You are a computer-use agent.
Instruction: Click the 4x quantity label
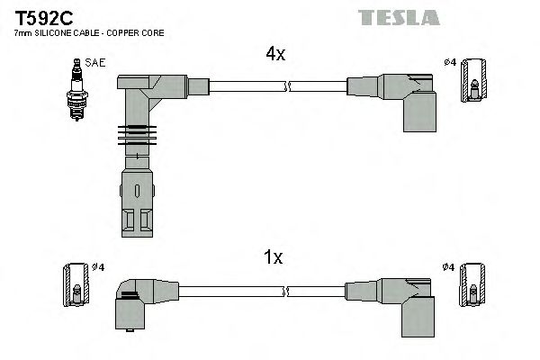tap(275, 54)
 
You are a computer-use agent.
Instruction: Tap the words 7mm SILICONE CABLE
tap(54, 33)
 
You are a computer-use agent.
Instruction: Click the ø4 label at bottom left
tap(101, 267)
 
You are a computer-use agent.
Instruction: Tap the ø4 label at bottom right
tap(449, 267)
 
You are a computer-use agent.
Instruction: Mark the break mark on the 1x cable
tap(286, 291)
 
